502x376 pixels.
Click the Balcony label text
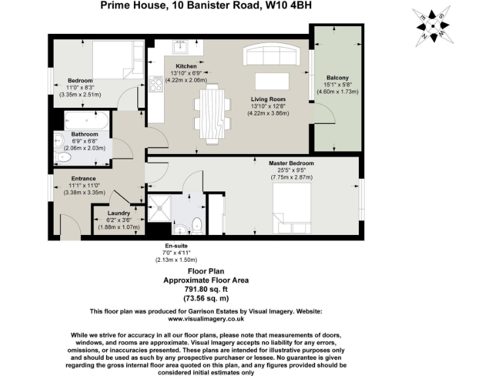point(337,78)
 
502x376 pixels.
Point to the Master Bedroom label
point(292,163)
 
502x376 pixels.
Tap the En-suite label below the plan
point(173,245)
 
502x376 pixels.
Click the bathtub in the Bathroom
point(87,120)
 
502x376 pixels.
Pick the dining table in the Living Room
point(212,114)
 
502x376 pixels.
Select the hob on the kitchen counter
point(157,84)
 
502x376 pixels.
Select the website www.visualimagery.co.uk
point(206,319)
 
